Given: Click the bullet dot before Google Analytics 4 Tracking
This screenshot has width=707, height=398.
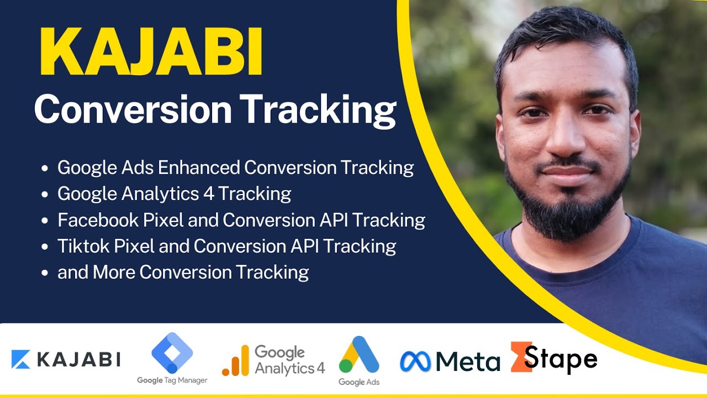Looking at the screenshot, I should tap(45, 195).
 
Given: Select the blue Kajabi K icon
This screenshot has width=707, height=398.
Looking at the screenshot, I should tap(21, 359).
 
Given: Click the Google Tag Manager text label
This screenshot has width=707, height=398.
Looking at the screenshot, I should tap(172, 380).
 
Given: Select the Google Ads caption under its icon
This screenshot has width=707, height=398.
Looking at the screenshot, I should tap(359, 382).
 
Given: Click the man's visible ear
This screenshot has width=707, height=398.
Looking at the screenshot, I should tap(637, 133).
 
